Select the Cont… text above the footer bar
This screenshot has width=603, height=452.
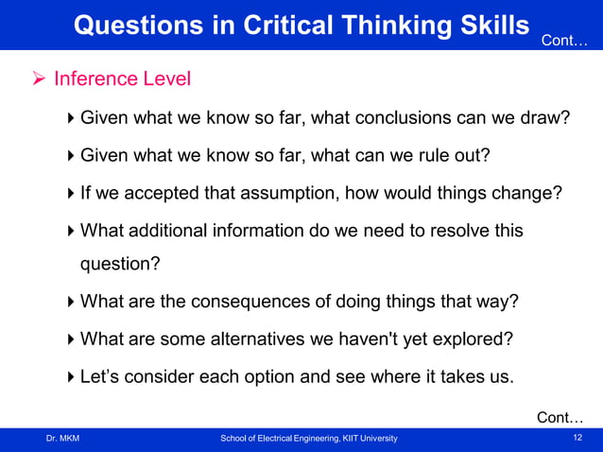click(560, 417)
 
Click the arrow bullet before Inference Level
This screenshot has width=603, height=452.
click(38, 78)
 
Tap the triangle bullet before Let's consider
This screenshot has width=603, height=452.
click(73, 376)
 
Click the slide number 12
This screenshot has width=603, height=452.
click(577, 438)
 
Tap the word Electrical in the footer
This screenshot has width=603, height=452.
click(277, 439)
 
